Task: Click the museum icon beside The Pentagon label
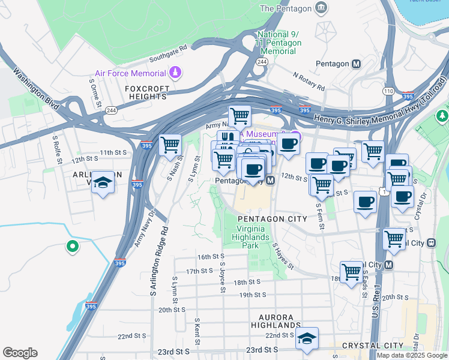coord(322,8)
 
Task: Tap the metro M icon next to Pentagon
coord(357,64)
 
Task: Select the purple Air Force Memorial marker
coord(175,73)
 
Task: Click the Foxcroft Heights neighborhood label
coord(146,92)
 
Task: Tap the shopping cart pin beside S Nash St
coord(170,145)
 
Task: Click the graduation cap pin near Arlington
coord(103,183)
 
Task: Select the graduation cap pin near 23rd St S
coord(307,338)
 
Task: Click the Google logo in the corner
coord(20,353)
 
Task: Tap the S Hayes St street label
coord(283,255)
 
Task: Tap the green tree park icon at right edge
coord(443,115)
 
